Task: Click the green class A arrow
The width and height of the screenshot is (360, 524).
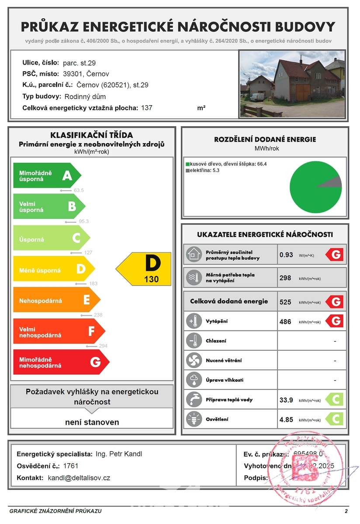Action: [x=47, y=176]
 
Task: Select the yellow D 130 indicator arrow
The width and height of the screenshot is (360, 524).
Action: [x=144, y=268]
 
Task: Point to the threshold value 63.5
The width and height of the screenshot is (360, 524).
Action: [x=79, y=190]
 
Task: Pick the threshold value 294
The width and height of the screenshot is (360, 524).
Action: [x=102, y=345]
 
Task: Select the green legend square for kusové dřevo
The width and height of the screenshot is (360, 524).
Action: [x=187, y=164]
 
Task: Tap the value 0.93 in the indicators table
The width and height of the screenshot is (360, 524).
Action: [x=286, y=255]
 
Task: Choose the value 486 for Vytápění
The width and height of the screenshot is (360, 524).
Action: [x=285, y=322]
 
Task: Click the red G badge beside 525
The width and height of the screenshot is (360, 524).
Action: [x=336, y=302]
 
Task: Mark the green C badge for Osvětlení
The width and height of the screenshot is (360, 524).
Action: [x=336, y=419]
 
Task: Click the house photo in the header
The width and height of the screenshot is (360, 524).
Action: [x=292, y=84]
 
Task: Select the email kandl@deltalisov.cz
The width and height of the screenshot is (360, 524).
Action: [x=79, y=478]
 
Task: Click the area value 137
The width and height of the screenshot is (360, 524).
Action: [x=147, y=107]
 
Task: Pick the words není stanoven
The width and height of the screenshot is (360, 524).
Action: [x=92, y=422]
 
